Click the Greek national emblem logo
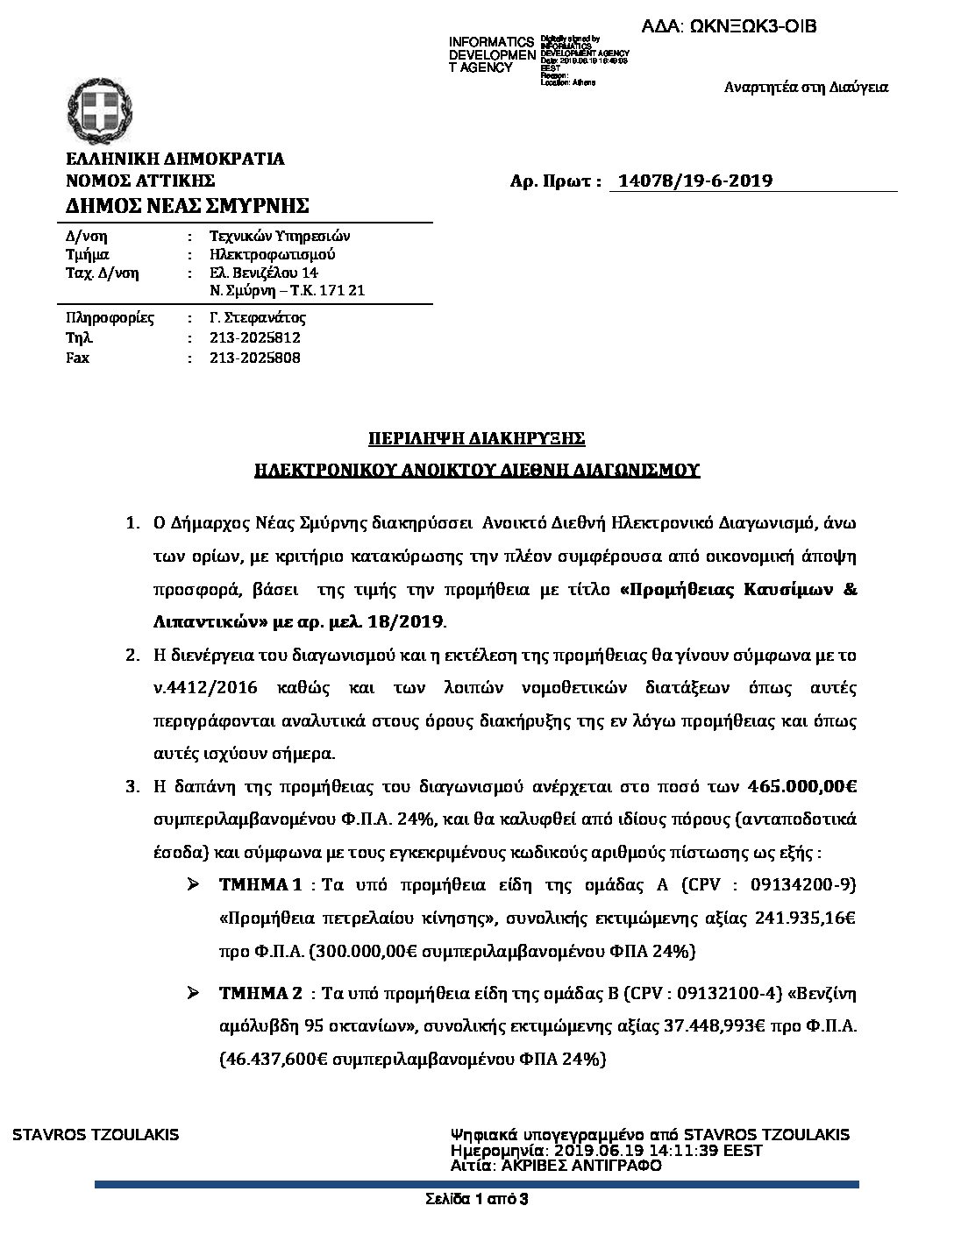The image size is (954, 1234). pos(99,114)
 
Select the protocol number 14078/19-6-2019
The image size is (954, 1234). pos(695,181)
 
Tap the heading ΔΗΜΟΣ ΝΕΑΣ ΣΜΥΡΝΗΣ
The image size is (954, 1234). pos(188,206)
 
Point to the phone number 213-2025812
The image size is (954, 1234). pos(255,337)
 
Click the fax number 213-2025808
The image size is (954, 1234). pos(255,358)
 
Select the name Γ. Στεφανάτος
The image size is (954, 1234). pos(258,317)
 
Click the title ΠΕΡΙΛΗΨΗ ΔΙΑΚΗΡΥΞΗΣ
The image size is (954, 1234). pos(476,438)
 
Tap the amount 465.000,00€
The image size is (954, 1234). pos(803,786)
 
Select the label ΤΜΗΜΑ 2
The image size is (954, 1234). pos(261,993)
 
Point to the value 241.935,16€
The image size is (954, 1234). pos(805,918)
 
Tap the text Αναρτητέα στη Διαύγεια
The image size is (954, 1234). pos(806,87)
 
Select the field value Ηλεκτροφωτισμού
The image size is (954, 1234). pos(273,254)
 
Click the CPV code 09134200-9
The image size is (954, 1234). pos(802,884)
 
